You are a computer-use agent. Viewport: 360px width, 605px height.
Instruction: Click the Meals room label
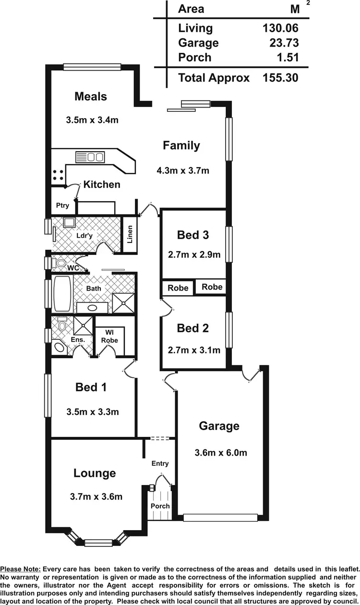pos(91,97)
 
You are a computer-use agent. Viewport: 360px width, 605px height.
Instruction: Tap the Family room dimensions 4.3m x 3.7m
pos(182,170)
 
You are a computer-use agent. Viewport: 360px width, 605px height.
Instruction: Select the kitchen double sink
pos(90,157)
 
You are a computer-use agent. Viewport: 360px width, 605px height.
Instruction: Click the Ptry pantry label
pos(62,206)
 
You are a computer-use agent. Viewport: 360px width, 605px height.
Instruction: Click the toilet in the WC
pos(60,263)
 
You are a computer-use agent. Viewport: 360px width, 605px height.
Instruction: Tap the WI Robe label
pos(109,336)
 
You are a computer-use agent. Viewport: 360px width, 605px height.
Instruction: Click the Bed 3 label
pos(193,235)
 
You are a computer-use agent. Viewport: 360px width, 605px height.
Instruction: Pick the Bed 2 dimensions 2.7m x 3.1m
pos(194,350)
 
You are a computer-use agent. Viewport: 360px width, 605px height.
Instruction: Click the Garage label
pos(219,426)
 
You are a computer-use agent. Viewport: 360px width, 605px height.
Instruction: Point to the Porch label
pos(160,506)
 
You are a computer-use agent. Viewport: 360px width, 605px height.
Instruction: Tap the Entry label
pos(160,463)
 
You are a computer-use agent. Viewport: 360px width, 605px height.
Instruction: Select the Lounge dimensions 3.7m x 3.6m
pos(96,496)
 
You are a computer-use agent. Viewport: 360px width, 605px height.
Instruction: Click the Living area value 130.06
pos(280,28)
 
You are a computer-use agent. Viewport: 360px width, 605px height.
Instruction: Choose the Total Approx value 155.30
pos(280,78)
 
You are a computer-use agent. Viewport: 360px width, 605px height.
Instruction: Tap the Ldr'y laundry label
pos(84,236)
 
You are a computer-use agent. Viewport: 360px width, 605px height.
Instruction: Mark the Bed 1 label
pos(91,387)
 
